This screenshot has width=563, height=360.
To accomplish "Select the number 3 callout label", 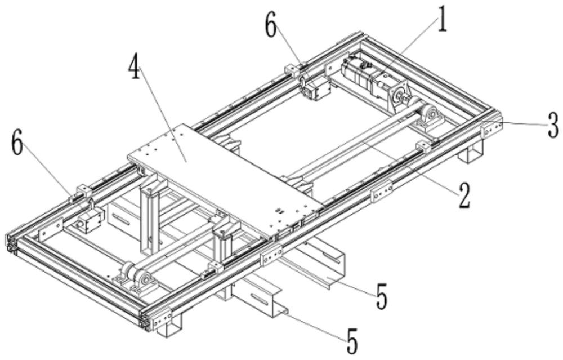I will pyautogui.click(x=554, y=125).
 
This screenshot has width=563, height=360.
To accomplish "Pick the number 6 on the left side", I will pyautogui.click(x=18, y=145).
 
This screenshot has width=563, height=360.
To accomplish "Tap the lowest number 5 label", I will pyautogui.click(x=351, y=340).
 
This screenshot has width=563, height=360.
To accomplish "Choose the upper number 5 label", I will pyautogui.click(x=382, y=296).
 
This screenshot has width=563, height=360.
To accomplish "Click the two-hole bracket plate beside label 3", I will pyautogui.click(x=491, y=128).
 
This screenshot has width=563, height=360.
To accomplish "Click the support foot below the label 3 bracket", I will pyautogui.click(x=472, y=150).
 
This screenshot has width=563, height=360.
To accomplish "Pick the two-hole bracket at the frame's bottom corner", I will pyautogui.click(x=161, y=321).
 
